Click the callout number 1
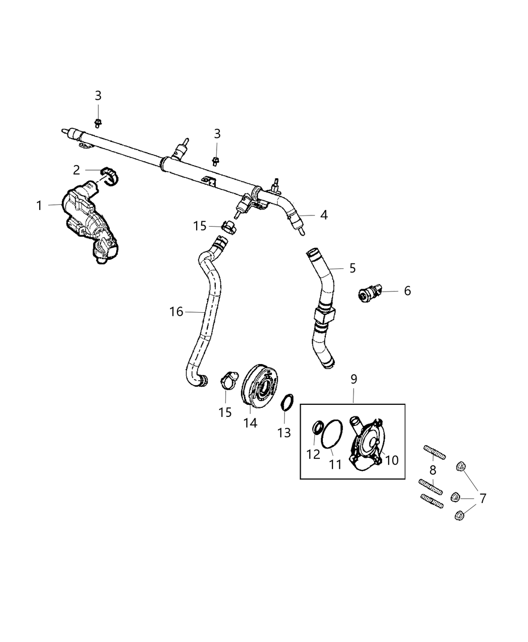(39, 205)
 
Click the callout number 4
(324, 215)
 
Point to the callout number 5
(352, 268)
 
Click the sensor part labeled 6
(371, 292)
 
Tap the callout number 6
(407, 291)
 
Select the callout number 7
(483, 498)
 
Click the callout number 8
(432, 471)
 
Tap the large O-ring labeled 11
(332, 433)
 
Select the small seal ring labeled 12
(318, 428)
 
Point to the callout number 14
(250, 423)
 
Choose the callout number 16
(176, 312)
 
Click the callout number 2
(76, 170)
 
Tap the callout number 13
(284, 432)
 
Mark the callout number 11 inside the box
(335, 464)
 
